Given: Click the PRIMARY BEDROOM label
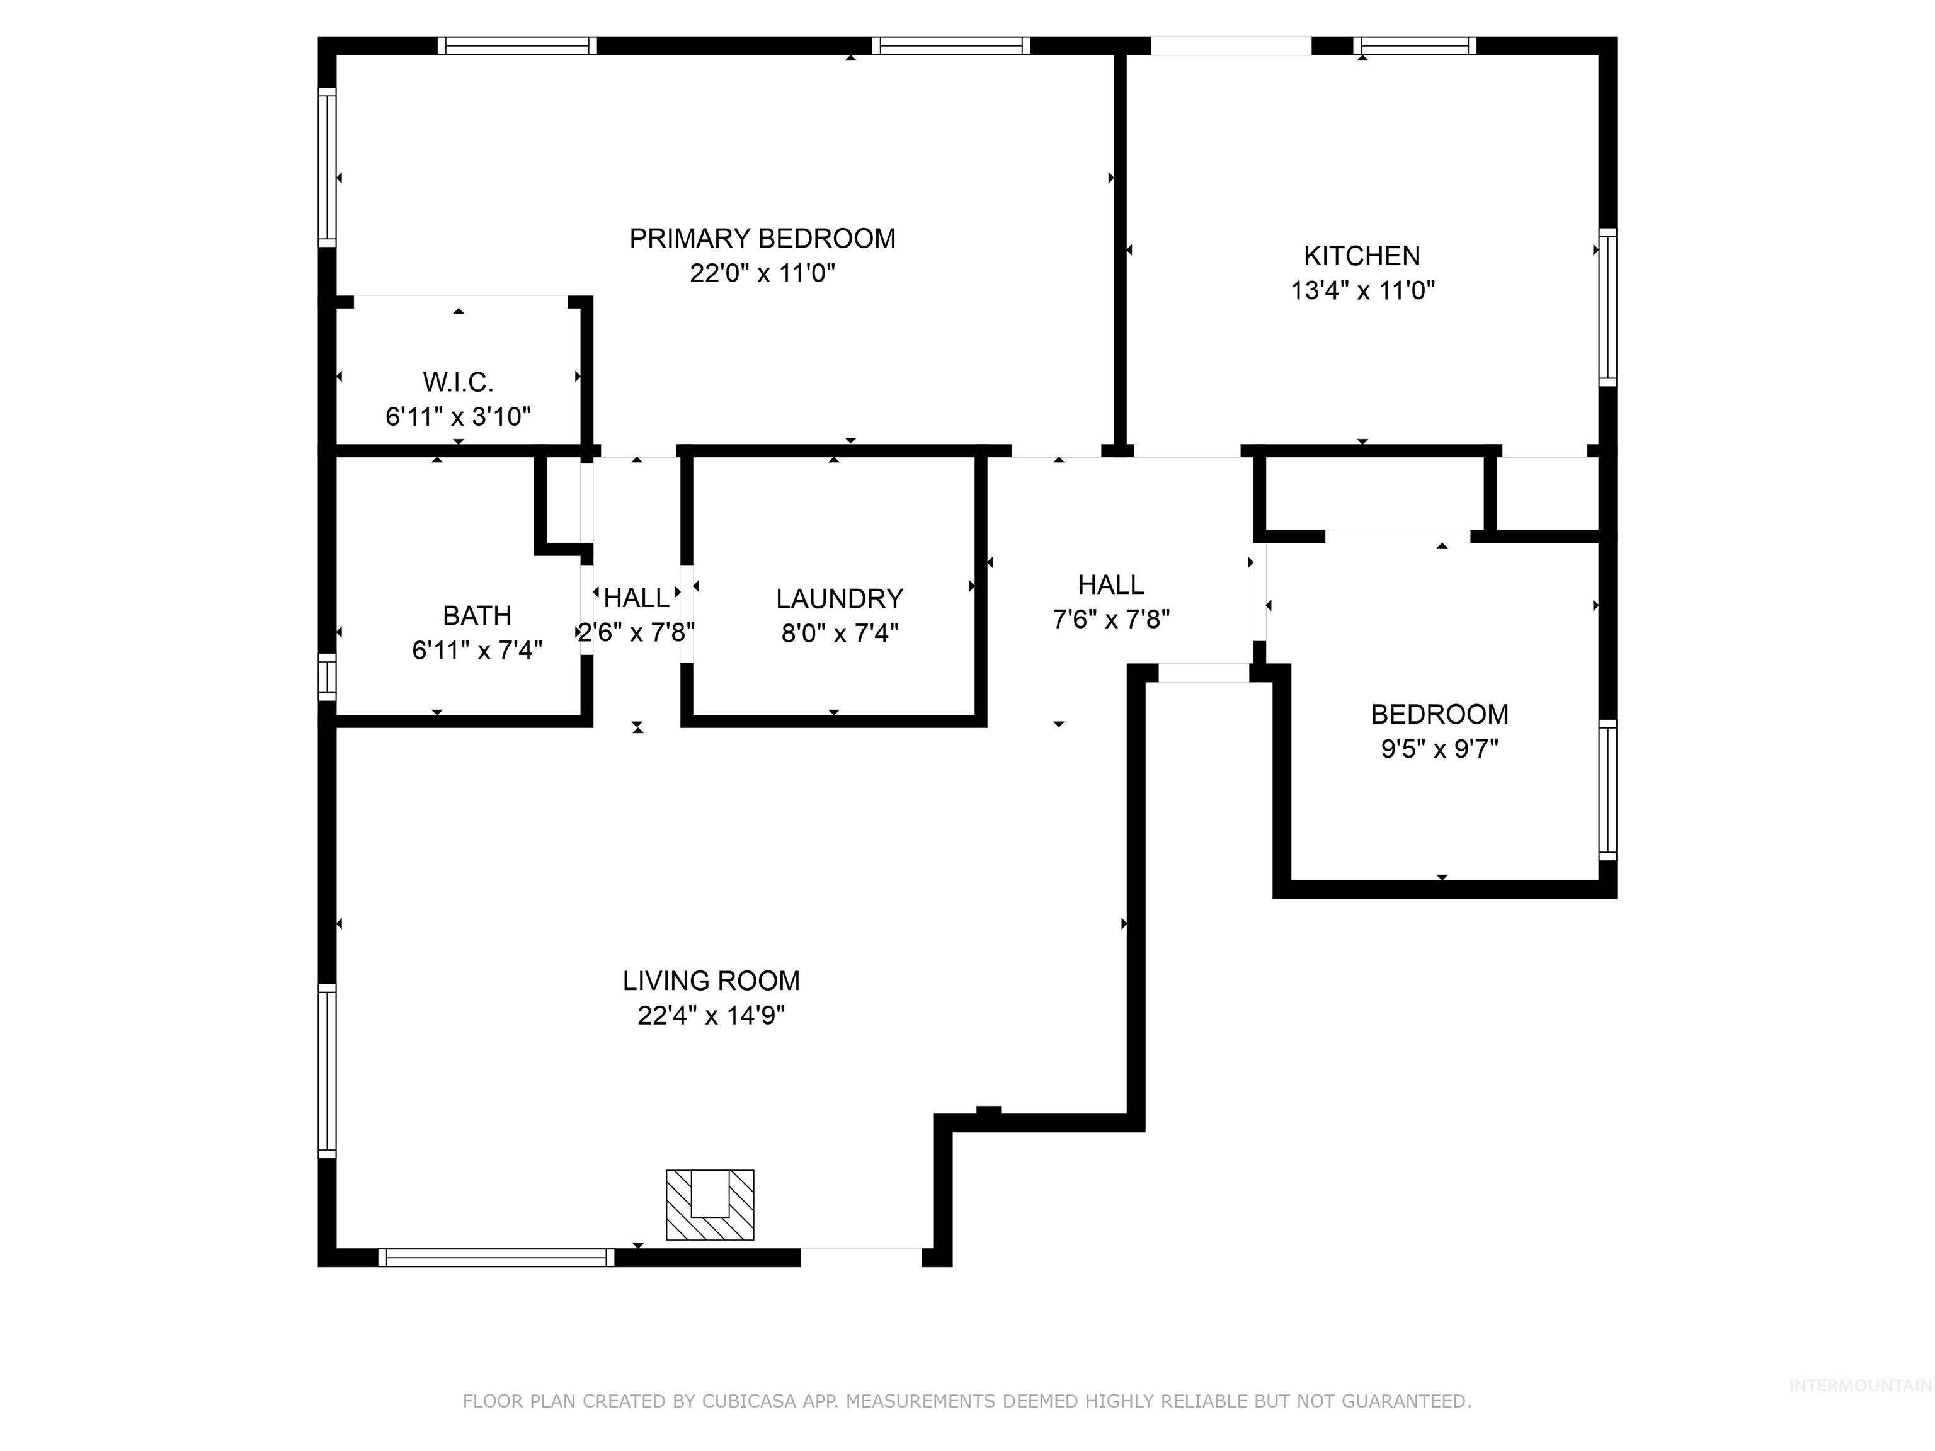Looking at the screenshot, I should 762,239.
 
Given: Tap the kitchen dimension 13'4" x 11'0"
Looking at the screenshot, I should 1362,290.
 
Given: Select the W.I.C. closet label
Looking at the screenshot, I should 459,382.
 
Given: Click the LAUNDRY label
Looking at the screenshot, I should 839,598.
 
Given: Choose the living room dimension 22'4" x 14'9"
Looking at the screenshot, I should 711,1015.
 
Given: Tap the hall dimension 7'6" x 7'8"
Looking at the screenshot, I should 1111,619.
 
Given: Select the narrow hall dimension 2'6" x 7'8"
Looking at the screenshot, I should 637,632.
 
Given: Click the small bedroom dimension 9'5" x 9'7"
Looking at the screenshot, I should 1439,749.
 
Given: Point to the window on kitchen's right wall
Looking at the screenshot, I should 1608,307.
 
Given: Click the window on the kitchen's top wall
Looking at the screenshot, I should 1415,45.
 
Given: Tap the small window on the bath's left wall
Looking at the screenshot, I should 326,677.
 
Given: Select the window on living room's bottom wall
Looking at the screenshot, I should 496,1258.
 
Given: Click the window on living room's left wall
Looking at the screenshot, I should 326,1071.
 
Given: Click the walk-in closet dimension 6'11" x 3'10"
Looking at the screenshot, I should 459,416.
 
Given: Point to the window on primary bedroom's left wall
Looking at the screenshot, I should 326,167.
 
